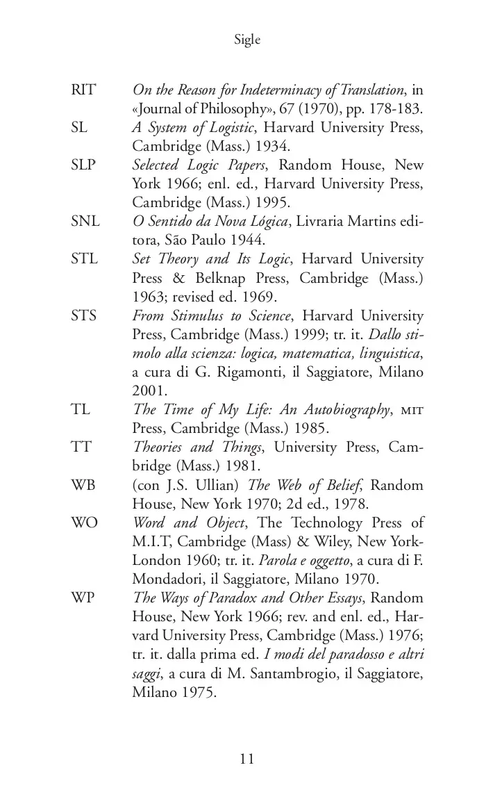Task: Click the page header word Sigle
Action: (247, 40)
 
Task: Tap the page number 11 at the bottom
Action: (246, 758)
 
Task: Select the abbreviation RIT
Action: (83, 90)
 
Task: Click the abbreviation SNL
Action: (85, 222)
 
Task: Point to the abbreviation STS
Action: (84, 315)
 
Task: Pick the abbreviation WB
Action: (83, 485)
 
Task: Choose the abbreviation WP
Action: (83, 598)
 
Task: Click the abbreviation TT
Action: (81, 447)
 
